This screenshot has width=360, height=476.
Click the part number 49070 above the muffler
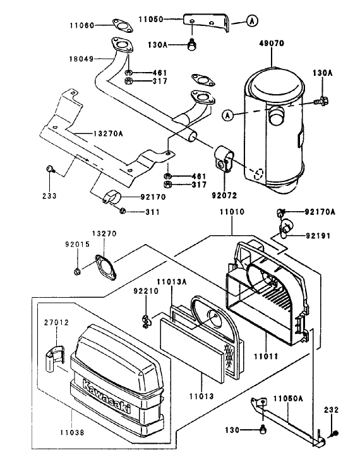coord(272,46)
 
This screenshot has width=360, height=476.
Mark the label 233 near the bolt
coord(50,196)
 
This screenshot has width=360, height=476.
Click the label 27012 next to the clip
coord(54,322)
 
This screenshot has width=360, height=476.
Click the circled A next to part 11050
coord(252,21)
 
